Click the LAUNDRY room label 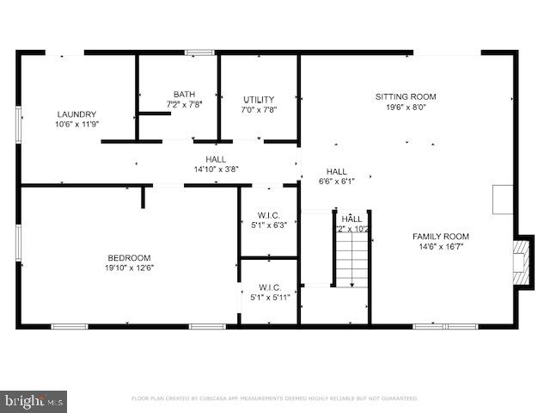point(76,114)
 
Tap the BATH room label point(184,95)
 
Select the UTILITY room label point(259,100)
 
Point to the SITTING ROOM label point(406,96)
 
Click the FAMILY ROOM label point(441,237)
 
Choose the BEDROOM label point(129,257)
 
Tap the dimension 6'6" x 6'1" point(336,182)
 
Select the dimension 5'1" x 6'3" point(269,226)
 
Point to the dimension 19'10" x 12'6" point(129,268)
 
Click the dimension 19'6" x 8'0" point(406,107)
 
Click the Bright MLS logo point(34,400)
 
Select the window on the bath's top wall point(199,52)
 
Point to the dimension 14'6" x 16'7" point(441,247)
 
